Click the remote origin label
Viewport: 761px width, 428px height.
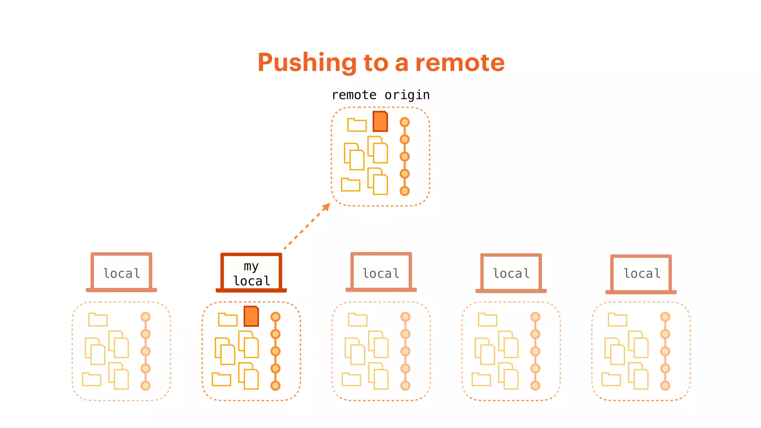coord(380,95)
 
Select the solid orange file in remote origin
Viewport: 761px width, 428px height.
coord(380,121)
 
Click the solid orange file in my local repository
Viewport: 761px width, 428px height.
coord(251,317)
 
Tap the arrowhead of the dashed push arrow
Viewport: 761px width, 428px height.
coord(326,207)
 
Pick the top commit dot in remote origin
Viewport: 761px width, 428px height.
coord(405,122)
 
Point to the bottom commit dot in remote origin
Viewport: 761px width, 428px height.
coord(405,191)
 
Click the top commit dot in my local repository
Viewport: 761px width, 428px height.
coord(275,317)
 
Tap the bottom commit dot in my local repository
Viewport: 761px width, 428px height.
coord(275,386)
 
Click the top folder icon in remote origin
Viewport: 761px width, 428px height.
coord(357,125)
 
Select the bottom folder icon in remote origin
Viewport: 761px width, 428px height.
coord(350,185)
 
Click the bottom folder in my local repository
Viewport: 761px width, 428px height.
coord(221,379)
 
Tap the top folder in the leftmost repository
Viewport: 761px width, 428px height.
coord(98,320)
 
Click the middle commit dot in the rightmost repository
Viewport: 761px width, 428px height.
coord(665,351)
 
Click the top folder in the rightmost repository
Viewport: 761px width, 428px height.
coord(617,320)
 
